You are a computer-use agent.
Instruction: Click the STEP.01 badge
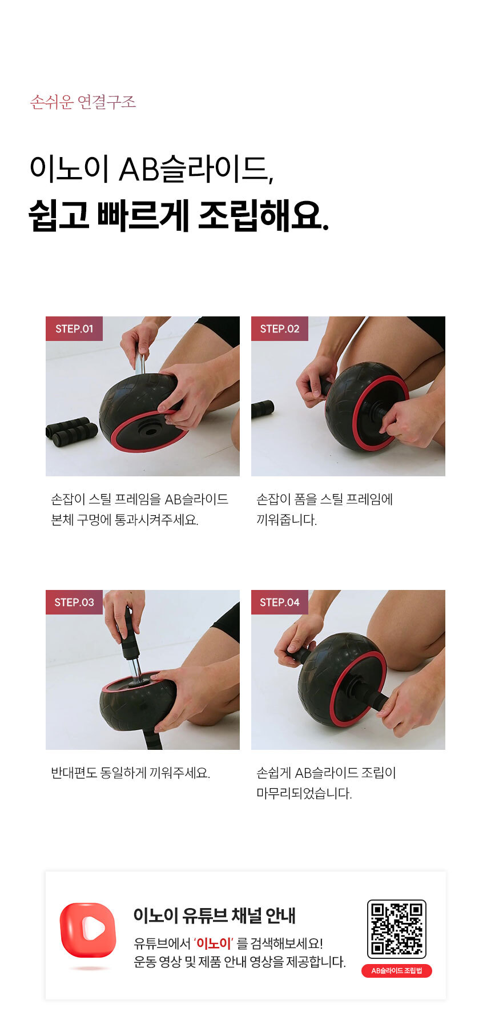(x=74, y=328)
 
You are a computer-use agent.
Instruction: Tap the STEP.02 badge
(x=280, y=328)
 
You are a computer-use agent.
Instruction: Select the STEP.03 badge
(x=74, y=602)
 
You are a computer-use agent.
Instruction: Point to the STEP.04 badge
(x=280, y=602)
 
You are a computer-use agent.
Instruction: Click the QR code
(x=397, y=929)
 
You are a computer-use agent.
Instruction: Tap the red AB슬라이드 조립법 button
(x=397, y=971)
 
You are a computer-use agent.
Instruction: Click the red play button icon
(x=88, y=930)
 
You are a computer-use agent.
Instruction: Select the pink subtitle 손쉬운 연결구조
(x=83, y=102)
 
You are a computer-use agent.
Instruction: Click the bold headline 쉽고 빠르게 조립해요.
(x=179, y=215)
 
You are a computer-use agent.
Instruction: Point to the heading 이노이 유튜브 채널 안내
(x=215, y=915)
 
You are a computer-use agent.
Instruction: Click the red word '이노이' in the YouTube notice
(x=214, y=943)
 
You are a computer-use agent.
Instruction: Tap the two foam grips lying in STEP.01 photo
(x=72, y=432)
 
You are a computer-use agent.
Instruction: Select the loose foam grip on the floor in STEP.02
(x=263, y=408)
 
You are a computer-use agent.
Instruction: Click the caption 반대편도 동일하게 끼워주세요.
(x=131, y=773)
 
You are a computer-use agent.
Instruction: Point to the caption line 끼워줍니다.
(x=287, y=520)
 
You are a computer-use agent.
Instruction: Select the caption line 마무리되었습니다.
(x=304, y=793)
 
